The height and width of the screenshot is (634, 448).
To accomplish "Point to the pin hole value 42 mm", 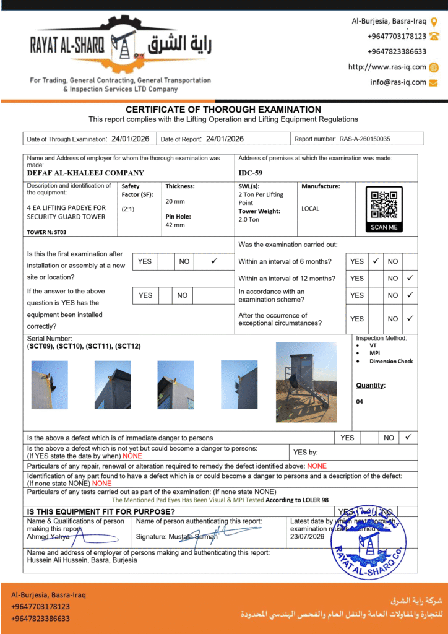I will tap(175, 225).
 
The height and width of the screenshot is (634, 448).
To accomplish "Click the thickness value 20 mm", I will tap(175, 201).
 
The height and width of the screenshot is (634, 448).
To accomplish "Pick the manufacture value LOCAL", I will tap(311, 209).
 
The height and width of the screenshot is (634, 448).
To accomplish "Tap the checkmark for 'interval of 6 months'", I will tap(375, 261).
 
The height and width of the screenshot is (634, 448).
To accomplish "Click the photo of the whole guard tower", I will tap(306, 382).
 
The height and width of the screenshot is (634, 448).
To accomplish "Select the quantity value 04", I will tap(360, 402).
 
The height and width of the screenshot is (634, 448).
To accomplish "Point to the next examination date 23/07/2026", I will tap(308, 537).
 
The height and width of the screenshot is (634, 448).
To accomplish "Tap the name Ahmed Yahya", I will tap(47, 537).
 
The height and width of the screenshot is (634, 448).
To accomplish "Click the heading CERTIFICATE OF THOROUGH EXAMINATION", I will tap(223, 110).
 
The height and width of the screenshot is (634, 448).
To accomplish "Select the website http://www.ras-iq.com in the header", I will tap(387, 67).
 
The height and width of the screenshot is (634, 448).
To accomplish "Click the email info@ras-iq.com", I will tap(398, 82).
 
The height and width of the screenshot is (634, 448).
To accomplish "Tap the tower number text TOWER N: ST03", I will tap(46, 232).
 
